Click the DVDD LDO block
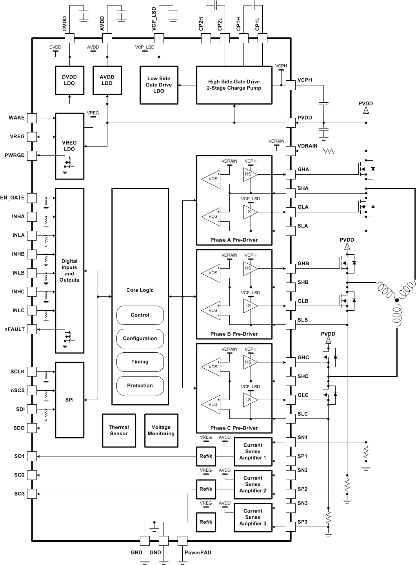(69, 80)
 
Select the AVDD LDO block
(107, 80)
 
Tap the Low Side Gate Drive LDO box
(159, 85)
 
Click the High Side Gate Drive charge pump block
(234, 85)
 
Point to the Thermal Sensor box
(119, 431)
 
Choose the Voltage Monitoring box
(161, 431)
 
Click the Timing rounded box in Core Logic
(140, 362)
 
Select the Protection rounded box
(140, 386)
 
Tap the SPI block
(69, 400)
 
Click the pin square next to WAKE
(32, 118)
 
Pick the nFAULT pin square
(32, 330)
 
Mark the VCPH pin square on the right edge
(291, 85)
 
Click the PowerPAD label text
(198, 552)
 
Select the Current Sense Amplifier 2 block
(253, 485)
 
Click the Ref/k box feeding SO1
(206, 456)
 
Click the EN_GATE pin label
(13, 198)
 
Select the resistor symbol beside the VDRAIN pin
(328, 151)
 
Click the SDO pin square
(32, 428)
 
